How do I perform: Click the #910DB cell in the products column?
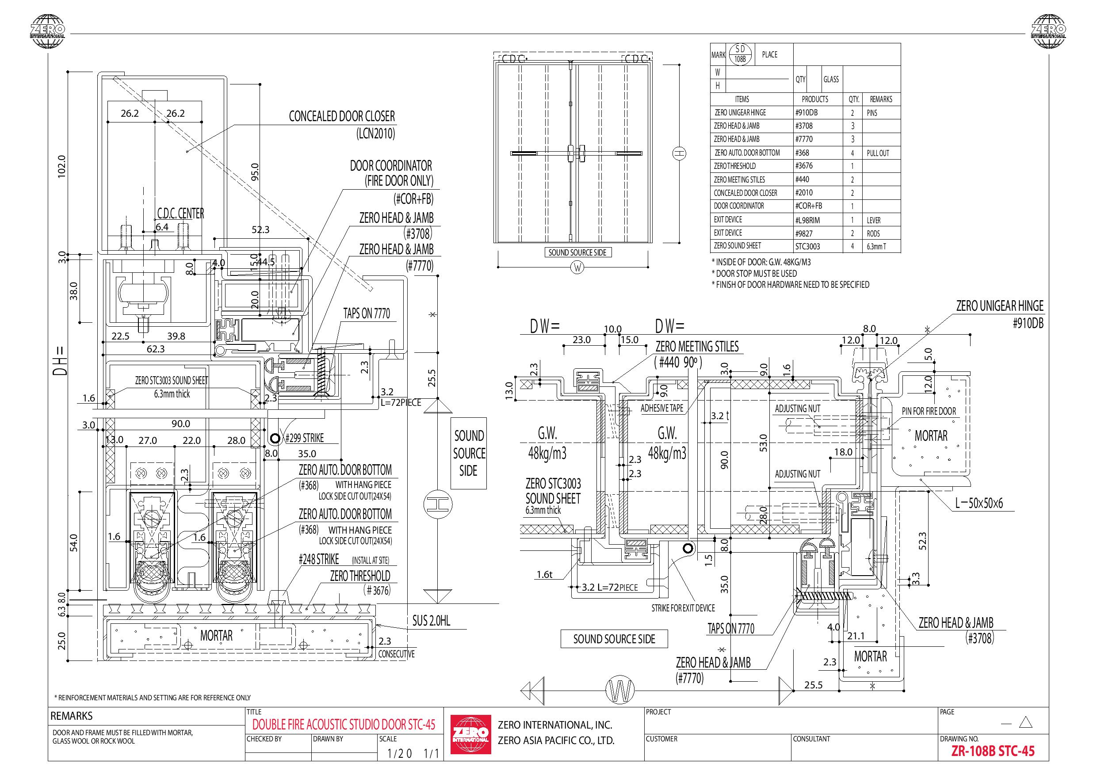click(x=806, y=113)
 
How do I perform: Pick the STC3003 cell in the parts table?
click(x=807, y=246)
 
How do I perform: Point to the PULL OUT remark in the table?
click(x=878, y=153)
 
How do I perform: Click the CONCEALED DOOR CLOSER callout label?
click(x=342, y=116)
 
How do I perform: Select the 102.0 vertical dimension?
click(x=61, y=166)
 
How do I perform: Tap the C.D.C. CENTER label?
click(x=180, y=213)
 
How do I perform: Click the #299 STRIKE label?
click(x=304, y=438)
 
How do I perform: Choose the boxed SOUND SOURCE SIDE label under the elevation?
click(x=577, y=252)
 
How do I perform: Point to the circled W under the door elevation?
click(x=577, y=268)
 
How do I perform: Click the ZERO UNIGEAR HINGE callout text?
click(x=1000, y=306)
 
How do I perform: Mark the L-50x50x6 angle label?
click(x=979, y=503)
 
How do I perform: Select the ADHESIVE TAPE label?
click(x=662, y=408)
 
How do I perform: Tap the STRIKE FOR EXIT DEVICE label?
click(x=683, y=608)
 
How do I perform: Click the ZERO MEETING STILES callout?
click(x=696, y=347)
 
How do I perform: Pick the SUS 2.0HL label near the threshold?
click(x=431, y=621)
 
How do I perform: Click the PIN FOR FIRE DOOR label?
click(x=929, y=411)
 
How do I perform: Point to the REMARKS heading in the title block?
click(x=72, y=716)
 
